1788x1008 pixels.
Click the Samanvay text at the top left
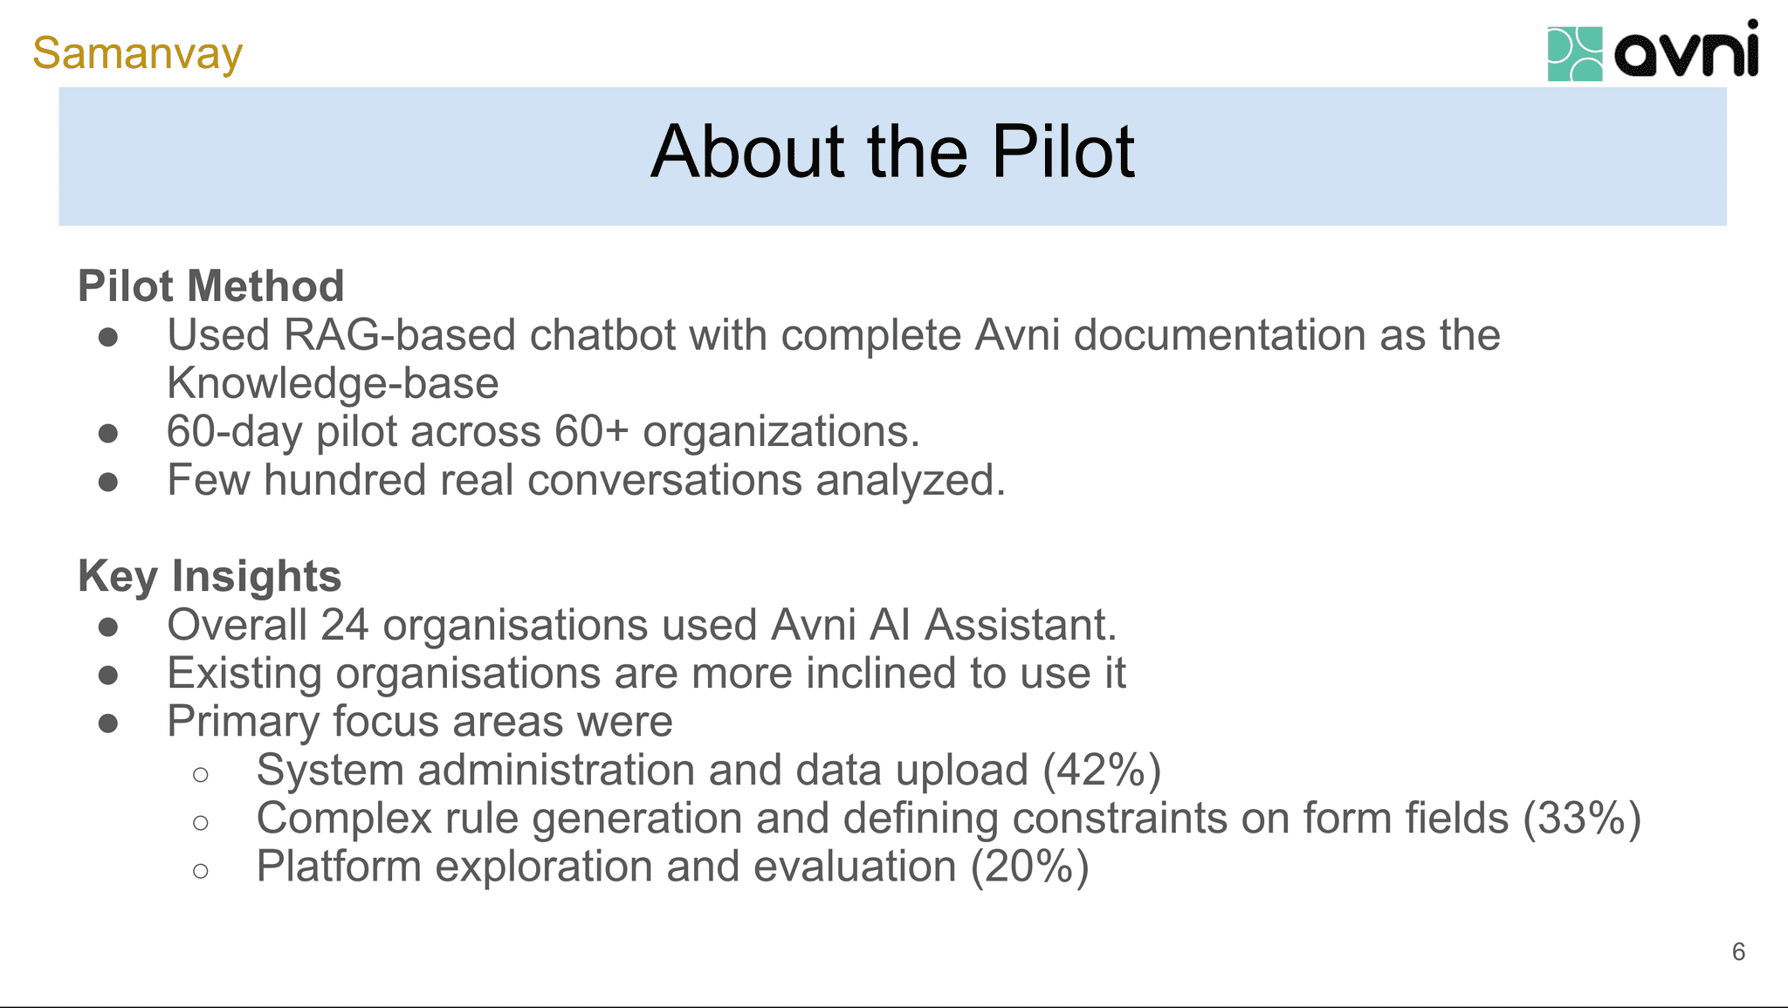(x=137, y=53)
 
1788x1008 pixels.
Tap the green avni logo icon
(x=1574, y=54)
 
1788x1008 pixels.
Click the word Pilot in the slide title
(x=1062, y=153)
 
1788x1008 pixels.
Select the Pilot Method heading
(x=210, y=286)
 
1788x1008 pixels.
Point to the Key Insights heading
(x=210, y=576)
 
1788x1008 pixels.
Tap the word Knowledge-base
(x=333, y=384)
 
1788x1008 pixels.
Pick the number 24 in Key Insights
(x=344, y=625)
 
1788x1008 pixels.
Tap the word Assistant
(x=1021, y=625)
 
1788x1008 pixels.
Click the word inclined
(x=880, y=674)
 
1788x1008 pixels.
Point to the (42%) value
(x=1102, y=770)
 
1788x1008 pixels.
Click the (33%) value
(x=1582, y=819)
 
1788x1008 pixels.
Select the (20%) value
(x=1029, y=867)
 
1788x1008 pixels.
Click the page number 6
(x=1737, y=951)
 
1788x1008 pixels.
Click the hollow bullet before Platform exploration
(x=201, y=870)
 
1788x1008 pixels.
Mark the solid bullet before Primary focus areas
(x=108, y=723)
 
